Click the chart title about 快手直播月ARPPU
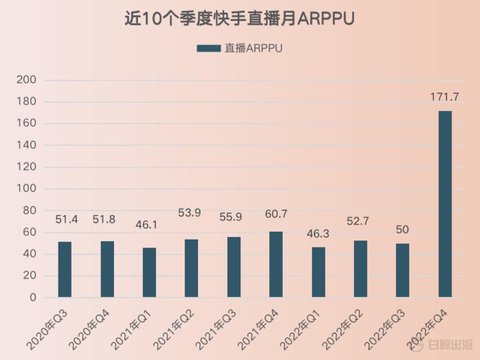coord(239,18)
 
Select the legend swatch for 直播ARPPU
coord(208,48)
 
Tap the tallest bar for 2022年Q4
coord(445,204)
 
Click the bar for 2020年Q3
coord(65,269)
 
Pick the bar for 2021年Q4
coord(276,264)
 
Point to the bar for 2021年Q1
coord(149,272)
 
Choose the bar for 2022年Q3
coord(402,270)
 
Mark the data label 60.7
coord(276,214)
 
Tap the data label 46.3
coord(318,233)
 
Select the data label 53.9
coord(191,213)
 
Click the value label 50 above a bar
coord(402,230)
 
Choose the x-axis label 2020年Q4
coord(90,328)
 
